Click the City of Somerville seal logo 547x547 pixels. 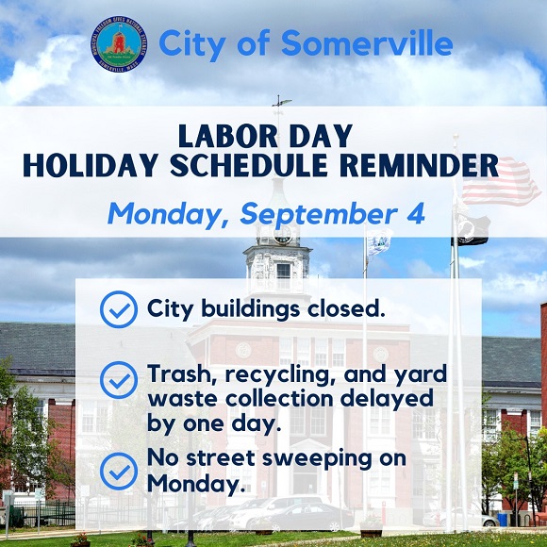pyautogui.click(x=120, y=43)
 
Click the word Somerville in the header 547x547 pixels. pyautogui.click(x=368, y=42)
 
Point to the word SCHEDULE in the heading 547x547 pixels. pyautogui.click(x=248, y=165)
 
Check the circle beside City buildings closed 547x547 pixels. pyautogui.click(x=119, y=309)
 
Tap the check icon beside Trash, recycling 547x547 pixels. pyautogui.click(x=119, y=380)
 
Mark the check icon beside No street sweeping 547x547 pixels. pyautogui.click(x=119, y=471)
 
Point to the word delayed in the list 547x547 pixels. pyautogui.click(x=387, y=400)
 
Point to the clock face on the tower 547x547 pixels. pyautogui.click(x=283, y=236)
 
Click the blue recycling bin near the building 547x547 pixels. pyautogui.click(x=502, y=519)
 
